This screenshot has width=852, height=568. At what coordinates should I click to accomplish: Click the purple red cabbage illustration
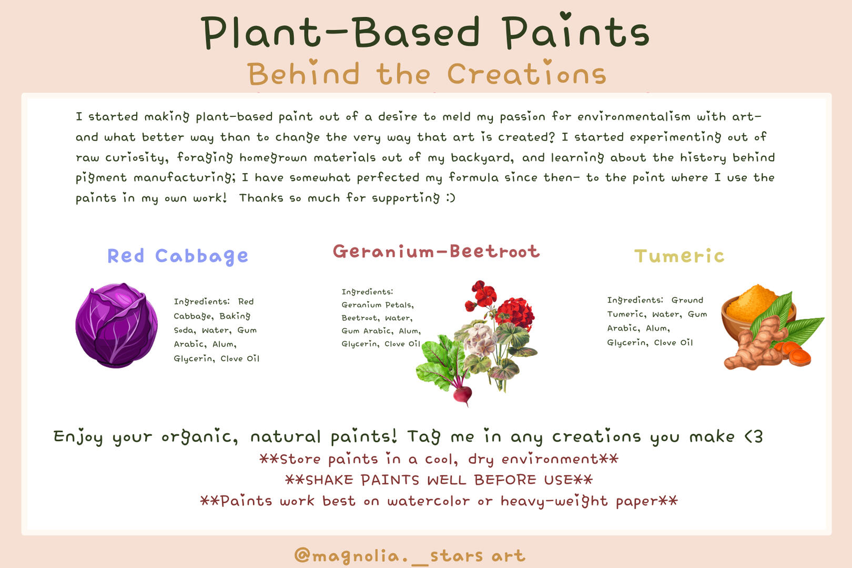pos(116,325)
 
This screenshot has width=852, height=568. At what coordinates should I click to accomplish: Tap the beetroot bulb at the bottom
pos(462,394)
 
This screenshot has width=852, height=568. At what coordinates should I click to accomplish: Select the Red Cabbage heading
pos(178,256)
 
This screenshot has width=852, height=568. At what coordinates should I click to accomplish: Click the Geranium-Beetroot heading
pos(437,251)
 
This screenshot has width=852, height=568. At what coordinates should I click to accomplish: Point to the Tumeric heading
pos(679,256)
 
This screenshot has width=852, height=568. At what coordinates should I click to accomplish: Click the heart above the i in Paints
pos(565,16)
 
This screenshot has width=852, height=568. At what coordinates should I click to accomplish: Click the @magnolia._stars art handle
pos(410,556)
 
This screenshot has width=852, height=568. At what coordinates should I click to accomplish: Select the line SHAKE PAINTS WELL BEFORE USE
pos(439,480)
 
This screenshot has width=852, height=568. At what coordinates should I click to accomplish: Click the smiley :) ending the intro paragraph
pos(451,198)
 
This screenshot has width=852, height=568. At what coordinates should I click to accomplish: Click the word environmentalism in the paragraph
pos(634,116)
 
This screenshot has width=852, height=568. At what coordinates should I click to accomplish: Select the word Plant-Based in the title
pos(340,33)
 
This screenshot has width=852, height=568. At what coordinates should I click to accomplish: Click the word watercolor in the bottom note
pos(428,501)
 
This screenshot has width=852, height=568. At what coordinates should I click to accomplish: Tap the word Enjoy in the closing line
pos(78,437)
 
